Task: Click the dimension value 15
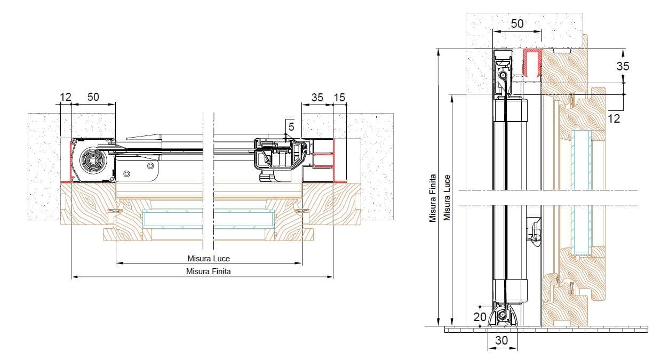(340, 97)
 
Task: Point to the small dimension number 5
(291, 126)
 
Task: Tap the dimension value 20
(480, 317)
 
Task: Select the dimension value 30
(501, 340)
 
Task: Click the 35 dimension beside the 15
(317, 97)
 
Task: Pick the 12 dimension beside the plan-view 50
(66, 97)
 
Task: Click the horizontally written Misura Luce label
(209, 259)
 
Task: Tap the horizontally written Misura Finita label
(209, 271)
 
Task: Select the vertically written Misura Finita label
(433, 198)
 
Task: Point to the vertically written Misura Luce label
(447, 198)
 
